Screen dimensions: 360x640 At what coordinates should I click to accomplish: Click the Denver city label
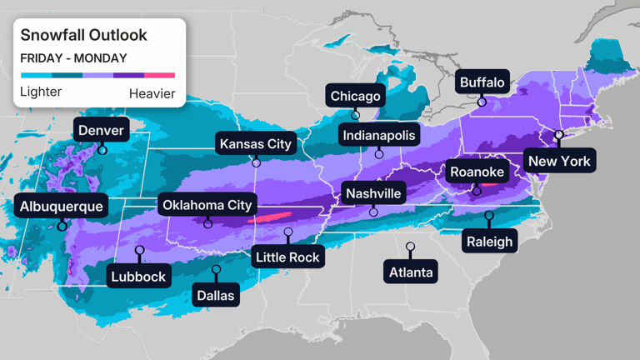pos(102,131)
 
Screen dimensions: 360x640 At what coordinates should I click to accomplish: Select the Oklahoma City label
pos(207,205)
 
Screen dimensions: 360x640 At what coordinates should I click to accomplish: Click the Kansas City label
pos(256,144)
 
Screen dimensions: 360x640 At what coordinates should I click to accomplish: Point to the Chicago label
pos(356,96)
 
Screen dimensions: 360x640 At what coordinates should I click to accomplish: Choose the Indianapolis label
pos(379,134)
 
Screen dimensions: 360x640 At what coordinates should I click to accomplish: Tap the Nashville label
pos(373,193)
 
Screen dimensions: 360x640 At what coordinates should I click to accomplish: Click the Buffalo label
pos(482,82)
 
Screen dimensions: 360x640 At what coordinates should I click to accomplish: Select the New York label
pos(559,161)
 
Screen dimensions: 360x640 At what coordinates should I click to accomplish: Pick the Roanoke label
pos(477,172)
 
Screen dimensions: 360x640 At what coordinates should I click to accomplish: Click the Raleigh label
pos(490,242)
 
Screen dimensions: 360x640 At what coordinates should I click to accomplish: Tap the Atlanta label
pos(411,272)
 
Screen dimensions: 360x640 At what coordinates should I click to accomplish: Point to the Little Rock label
pos(287,257)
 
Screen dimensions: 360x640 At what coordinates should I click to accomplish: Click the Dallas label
pos(216,294)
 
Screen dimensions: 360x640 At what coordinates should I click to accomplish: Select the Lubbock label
pos(139,276)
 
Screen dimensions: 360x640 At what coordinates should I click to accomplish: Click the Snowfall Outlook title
pos(83,35)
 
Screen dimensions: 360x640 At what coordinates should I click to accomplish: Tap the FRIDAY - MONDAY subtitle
pos(73,58)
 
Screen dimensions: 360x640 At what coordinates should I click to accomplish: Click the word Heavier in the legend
pos(152,92)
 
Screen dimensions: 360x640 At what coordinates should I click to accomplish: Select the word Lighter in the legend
pos(41,92)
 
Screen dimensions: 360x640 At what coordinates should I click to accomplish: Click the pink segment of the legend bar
pos(160,75)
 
